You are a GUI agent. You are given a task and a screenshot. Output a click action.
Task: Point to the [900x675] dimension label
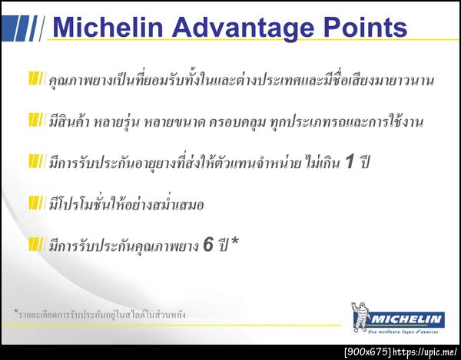(366, 352)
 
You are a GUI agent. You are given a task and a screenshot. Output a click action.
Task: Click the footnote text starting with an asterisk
(99, 314)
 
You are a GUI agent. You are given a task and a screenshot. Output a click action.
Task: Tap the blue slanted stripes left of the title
(23, 28)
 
